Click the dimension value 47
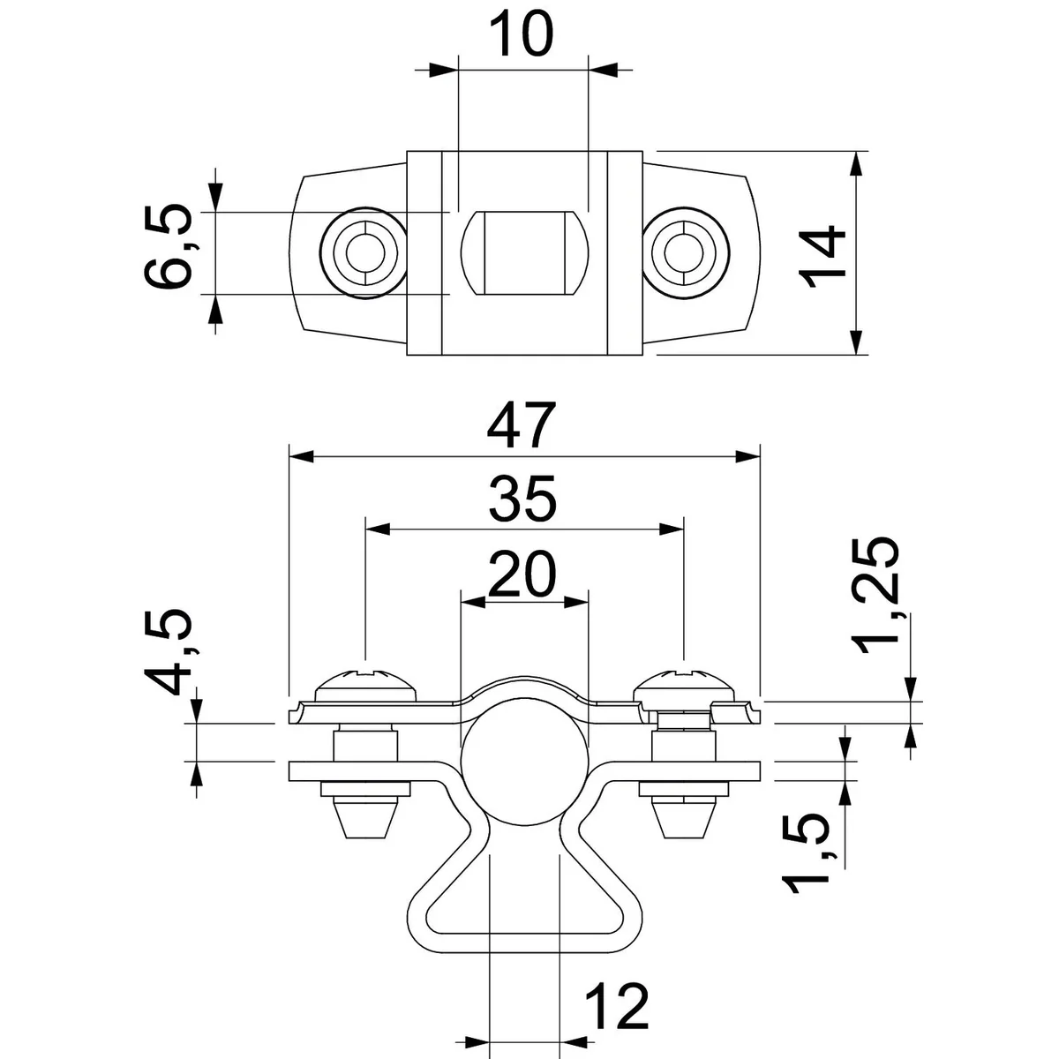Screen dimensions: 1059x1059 tap(524, 426)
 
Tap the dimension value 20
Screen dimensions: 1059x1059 tap(524, 574)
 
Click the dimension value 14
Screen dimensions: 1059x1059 tap(825, 255)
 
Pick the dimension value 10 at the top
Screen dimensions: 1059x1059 tap(522, 35)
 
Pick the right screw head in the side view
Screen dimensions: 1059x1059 tap(683, 686)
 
